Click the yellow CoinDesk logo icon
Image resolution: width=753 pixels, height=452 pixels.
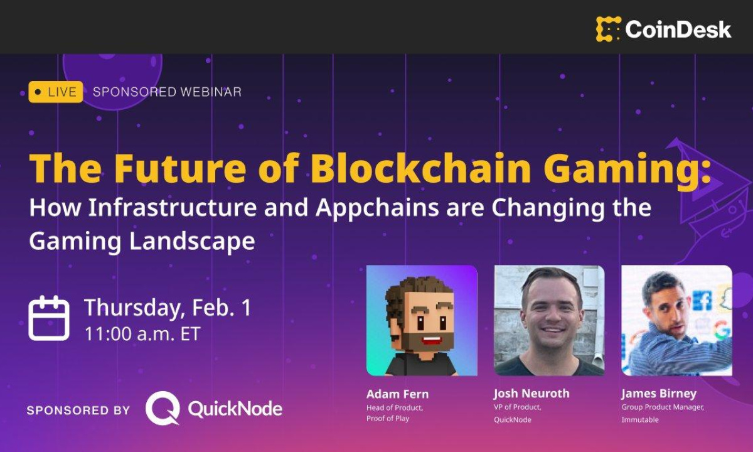609,29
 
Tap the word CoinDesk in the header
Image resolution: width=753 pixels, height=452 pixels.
678,30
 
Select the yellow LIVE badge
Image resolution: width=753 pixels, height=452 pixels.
56,92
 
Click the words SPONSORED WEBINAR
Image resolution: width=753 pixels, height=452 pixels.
167,92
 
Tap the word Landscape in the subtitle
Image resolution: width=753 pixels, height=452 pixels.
193,241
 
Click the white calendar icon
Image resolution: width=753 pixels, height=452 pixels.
49,318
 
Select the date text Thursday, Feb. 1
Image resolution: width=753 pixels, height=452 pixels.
168,308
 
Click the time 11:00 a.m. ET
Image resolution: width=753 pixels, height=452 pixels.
142,334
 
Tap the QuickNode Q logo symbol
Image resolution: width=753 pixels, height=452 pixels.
163,408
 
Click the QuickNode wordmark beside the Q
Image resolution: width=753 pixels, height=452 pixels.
235,409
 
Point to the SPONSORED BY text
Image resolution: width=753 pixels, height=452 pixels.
78,411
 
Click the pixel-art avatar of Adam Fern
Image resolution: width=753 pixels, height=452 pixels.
422,320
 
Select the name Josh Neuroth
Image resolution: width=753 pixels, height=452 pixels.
531,394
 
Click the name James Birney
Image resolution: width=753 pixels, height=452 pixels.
659,394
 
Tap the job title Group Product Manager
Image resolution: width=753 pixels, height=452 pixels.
663,407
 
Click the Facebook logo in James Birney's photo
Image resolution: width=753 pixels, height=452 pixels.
702,300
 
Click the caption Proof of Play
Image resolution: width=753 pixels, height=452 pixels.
388,419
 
